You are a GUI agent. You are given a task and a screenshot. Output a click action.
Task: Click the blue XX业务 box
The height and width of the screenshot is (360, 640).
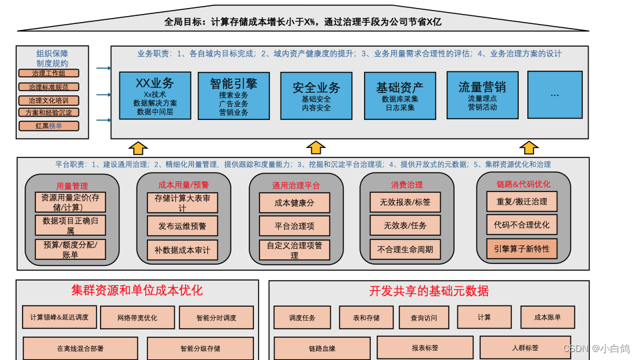tap(155, 96)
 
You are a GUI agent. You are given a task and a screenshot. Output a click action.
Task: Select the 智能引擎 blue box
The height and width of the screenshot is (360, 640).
tap(233, 96)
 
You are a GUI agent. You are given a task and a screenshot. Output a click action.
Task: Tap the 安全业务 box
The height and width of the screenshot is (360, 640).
tap(316, 96)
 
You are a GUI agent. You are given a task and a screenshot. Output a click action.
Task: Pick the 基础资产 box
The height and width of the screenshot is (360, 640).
tap(399, 96)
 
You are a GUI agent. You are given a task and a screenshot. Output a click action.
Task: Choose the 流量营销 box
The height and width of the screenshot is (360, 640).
tap(482, 96)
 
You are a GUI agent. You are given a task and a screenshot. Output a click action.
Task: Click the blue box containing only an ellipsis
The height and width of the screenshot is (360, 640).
tap(555, 95)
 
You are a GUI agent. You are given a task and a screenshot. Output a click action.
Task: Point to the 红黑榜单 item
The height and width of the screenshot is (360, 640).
tap(49, 126)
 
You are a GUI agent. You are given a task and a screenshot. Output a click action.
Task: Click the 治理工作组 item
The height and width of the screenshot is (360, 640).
tap(49, 73)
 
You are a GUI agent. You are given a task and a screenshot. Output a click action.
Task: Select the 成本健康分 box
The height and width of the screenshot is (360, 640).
tap(294, 203)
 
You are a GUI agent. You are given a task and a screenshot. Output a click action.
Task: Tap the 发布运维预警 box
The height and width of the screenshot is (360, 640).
tap(182, 226)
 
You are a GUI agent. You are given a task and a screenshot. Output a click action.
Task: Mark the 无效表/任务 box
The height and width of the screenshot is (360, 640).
tap(405, 226)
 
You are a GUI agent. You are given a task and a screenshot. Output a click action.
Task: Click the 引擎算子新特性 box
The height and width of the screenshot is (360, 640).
tap(522, 249)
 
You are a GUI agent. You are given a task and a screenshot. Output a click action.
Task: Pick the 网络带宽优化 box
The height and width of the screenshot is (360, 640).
tap(137, 318)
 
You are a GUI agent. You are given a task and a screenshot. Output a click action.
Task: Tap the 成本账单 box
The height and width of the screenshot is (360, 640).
tap(547, 317)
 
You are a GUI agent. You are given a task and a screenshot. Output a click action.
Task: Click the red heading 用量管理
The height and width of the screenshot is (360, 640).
tap(72, 186)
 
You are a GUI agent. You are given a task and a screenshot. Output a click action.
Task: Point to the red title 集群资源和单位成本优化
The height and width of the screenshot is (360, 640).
tap(137, 291)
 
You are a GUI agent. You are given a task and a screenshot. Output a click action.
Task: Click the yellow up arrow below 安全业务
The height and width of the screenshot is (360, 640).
tap(316, 147)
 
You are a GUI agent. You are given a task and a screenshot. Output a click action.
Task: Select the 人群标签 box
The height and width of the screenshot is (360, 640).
tap(525, 347)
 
